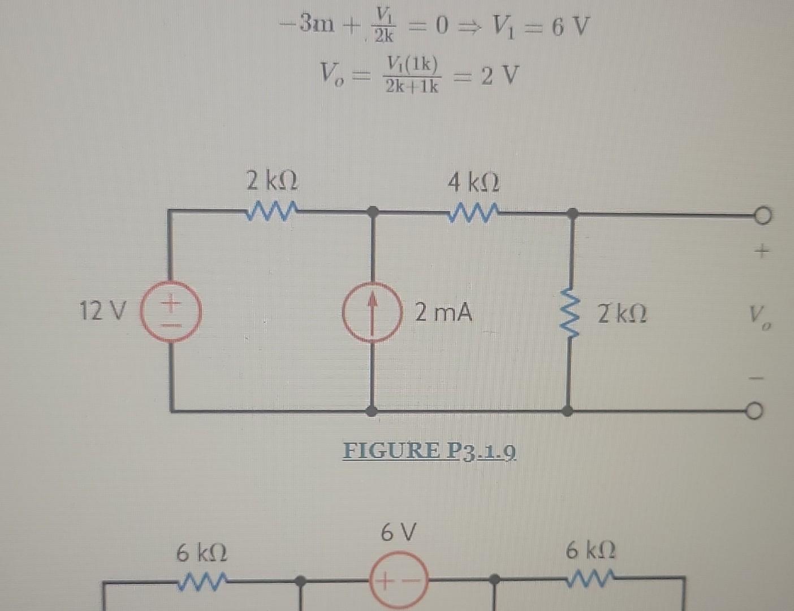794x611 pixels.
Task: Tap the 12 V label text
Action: coord(103,311)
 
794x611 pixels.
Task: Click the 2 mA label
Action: coord(443,312)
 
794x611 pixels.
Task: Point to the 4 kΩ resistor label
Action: coord(474,183)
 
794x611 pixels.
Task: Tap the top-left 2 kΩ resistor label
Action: coord(273,182)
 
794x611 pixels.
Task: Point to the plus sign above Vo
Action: coord(762,251)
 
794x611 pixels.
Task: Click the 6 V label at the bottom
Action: coord(399,532)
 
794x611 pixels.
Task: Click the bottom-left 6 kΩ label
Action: coord(202,552)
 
